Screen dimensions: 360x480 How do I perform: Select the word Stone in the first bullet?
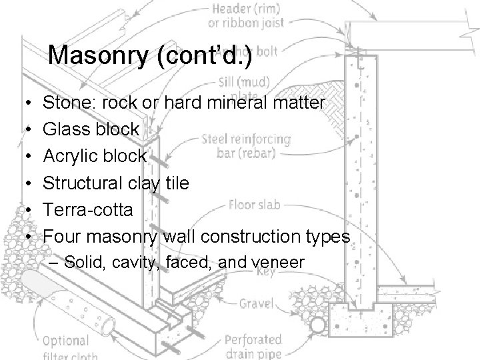(x=65, y=103)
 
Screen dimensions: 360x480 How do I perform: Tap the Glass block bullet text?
(x=91, y=129)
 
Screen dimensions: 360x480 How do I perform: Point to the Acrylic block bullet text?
(x=94, y=156)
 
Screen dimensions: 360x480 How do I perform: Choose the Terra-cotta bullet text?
(x=88, y=209)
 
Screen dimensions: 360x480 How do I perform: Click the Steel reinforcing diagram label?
(x=245, y=140)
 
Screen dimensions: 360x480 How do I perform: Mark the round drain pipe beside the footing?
(x=317, y=325)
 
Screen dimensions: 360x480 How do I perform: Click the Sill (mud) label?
(x=244, y=83)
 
